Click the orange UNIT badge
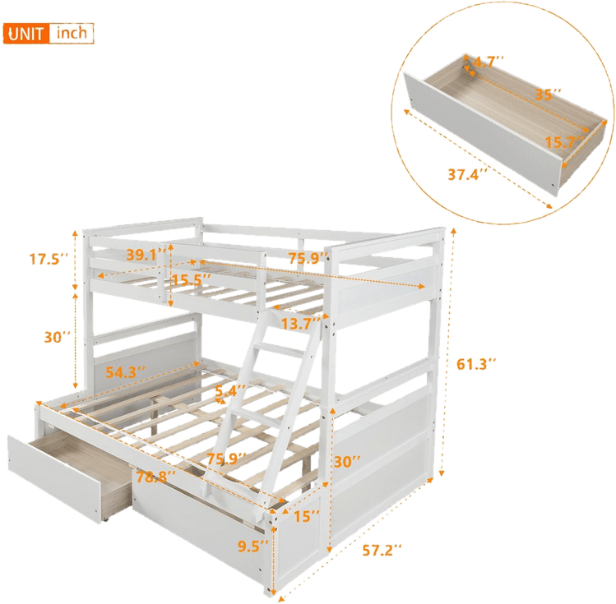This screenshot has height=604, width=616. click(26, 34)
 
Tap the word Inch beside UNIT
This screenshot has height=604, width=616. click(72, 34)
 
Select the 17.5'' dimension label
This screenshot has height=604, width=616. click(45, 260)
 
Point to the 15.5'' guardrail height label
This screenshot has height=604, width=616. click(192, 279)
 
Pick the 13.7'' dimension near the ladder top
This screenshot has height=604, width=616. click(299, 323)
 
